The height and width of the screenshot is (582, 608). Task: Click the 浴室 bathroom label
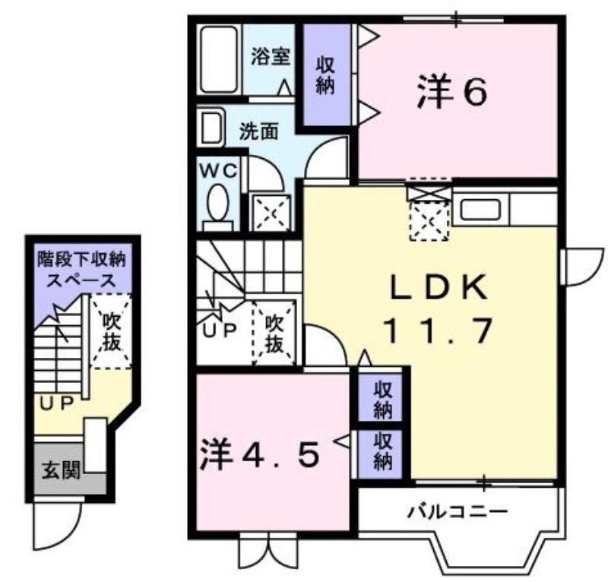(271, 57)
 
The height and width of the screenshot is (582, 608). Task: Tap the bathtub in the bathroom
(219, 59)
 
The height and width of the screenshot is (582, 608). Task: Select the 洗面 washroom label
(258, 132)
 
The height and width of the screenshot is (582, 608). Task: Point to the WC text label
(218, 171)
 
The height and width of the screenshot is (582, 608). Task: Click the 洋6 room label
(452, 91)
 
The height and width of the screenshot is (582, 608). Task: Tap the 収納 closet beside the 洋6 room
(327, 75)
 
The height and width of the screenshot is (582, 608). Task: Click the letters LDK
(439, 287)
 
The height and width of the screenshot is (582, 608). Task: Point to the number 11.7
(439, 331)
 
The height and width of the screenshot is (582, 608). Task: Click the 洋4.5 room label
(261, 454)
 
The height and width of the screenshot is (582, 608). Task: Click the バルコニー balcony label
(458, 512)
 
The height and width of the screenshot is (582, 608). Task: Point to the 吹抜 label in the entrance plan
(112, 331)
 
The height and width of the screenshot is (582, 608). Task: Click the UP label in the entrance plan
(56, 404)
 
